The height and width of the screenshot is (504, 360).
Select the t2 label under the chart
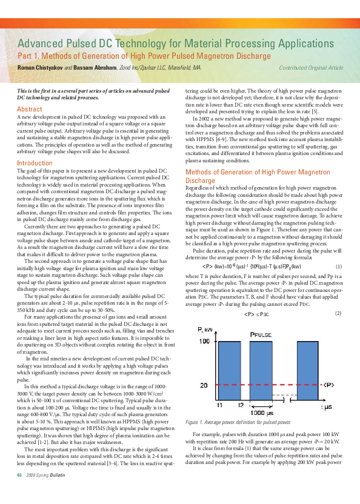(240, 404)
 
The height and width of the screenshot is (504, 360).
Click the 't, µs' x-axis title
(327, 408)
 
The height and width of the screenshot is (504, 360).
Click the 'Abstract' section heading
(29, 109)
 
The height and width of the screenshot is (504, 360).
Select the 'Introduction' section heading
(35, 163)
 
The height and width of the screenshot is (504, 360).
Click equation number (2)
(338, 313)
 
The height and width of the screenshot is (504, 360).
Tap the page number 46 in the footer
(19, 491)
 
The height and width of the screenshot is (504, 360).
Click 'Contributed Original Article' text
(310, 68)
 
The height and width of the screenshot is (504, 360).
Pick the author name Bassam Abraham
(96, 68)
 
